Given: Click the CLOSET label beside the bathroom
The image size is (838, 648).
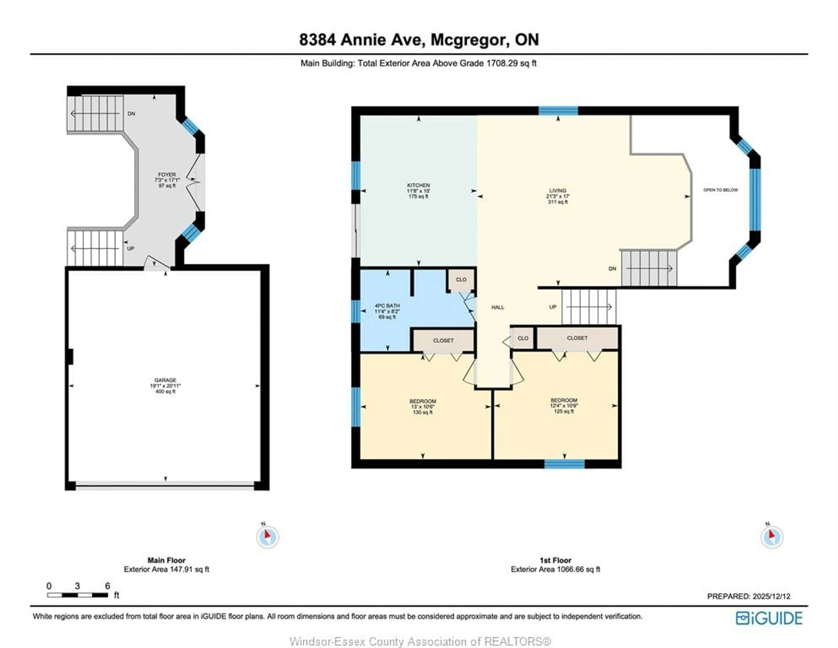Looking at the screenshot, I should tap(443, 341).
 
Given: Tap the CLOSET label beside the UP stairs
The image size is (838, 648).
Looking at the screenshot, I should tap(577, 338).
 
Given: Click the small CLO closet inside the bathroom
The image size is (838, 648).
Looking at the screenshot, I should tap(461, 280).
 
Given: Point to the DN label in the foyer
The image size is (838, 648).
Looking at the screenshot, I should tap(131, 113).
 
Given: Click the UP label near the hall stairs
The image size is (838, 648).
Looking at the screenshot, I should tap(553, 307).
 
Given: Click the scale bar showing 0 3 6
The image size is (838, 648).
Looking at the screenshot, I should tap(77, 595).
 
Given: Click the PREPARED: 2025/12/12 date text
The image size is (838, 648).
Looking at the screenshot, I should tap(749, 596).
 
